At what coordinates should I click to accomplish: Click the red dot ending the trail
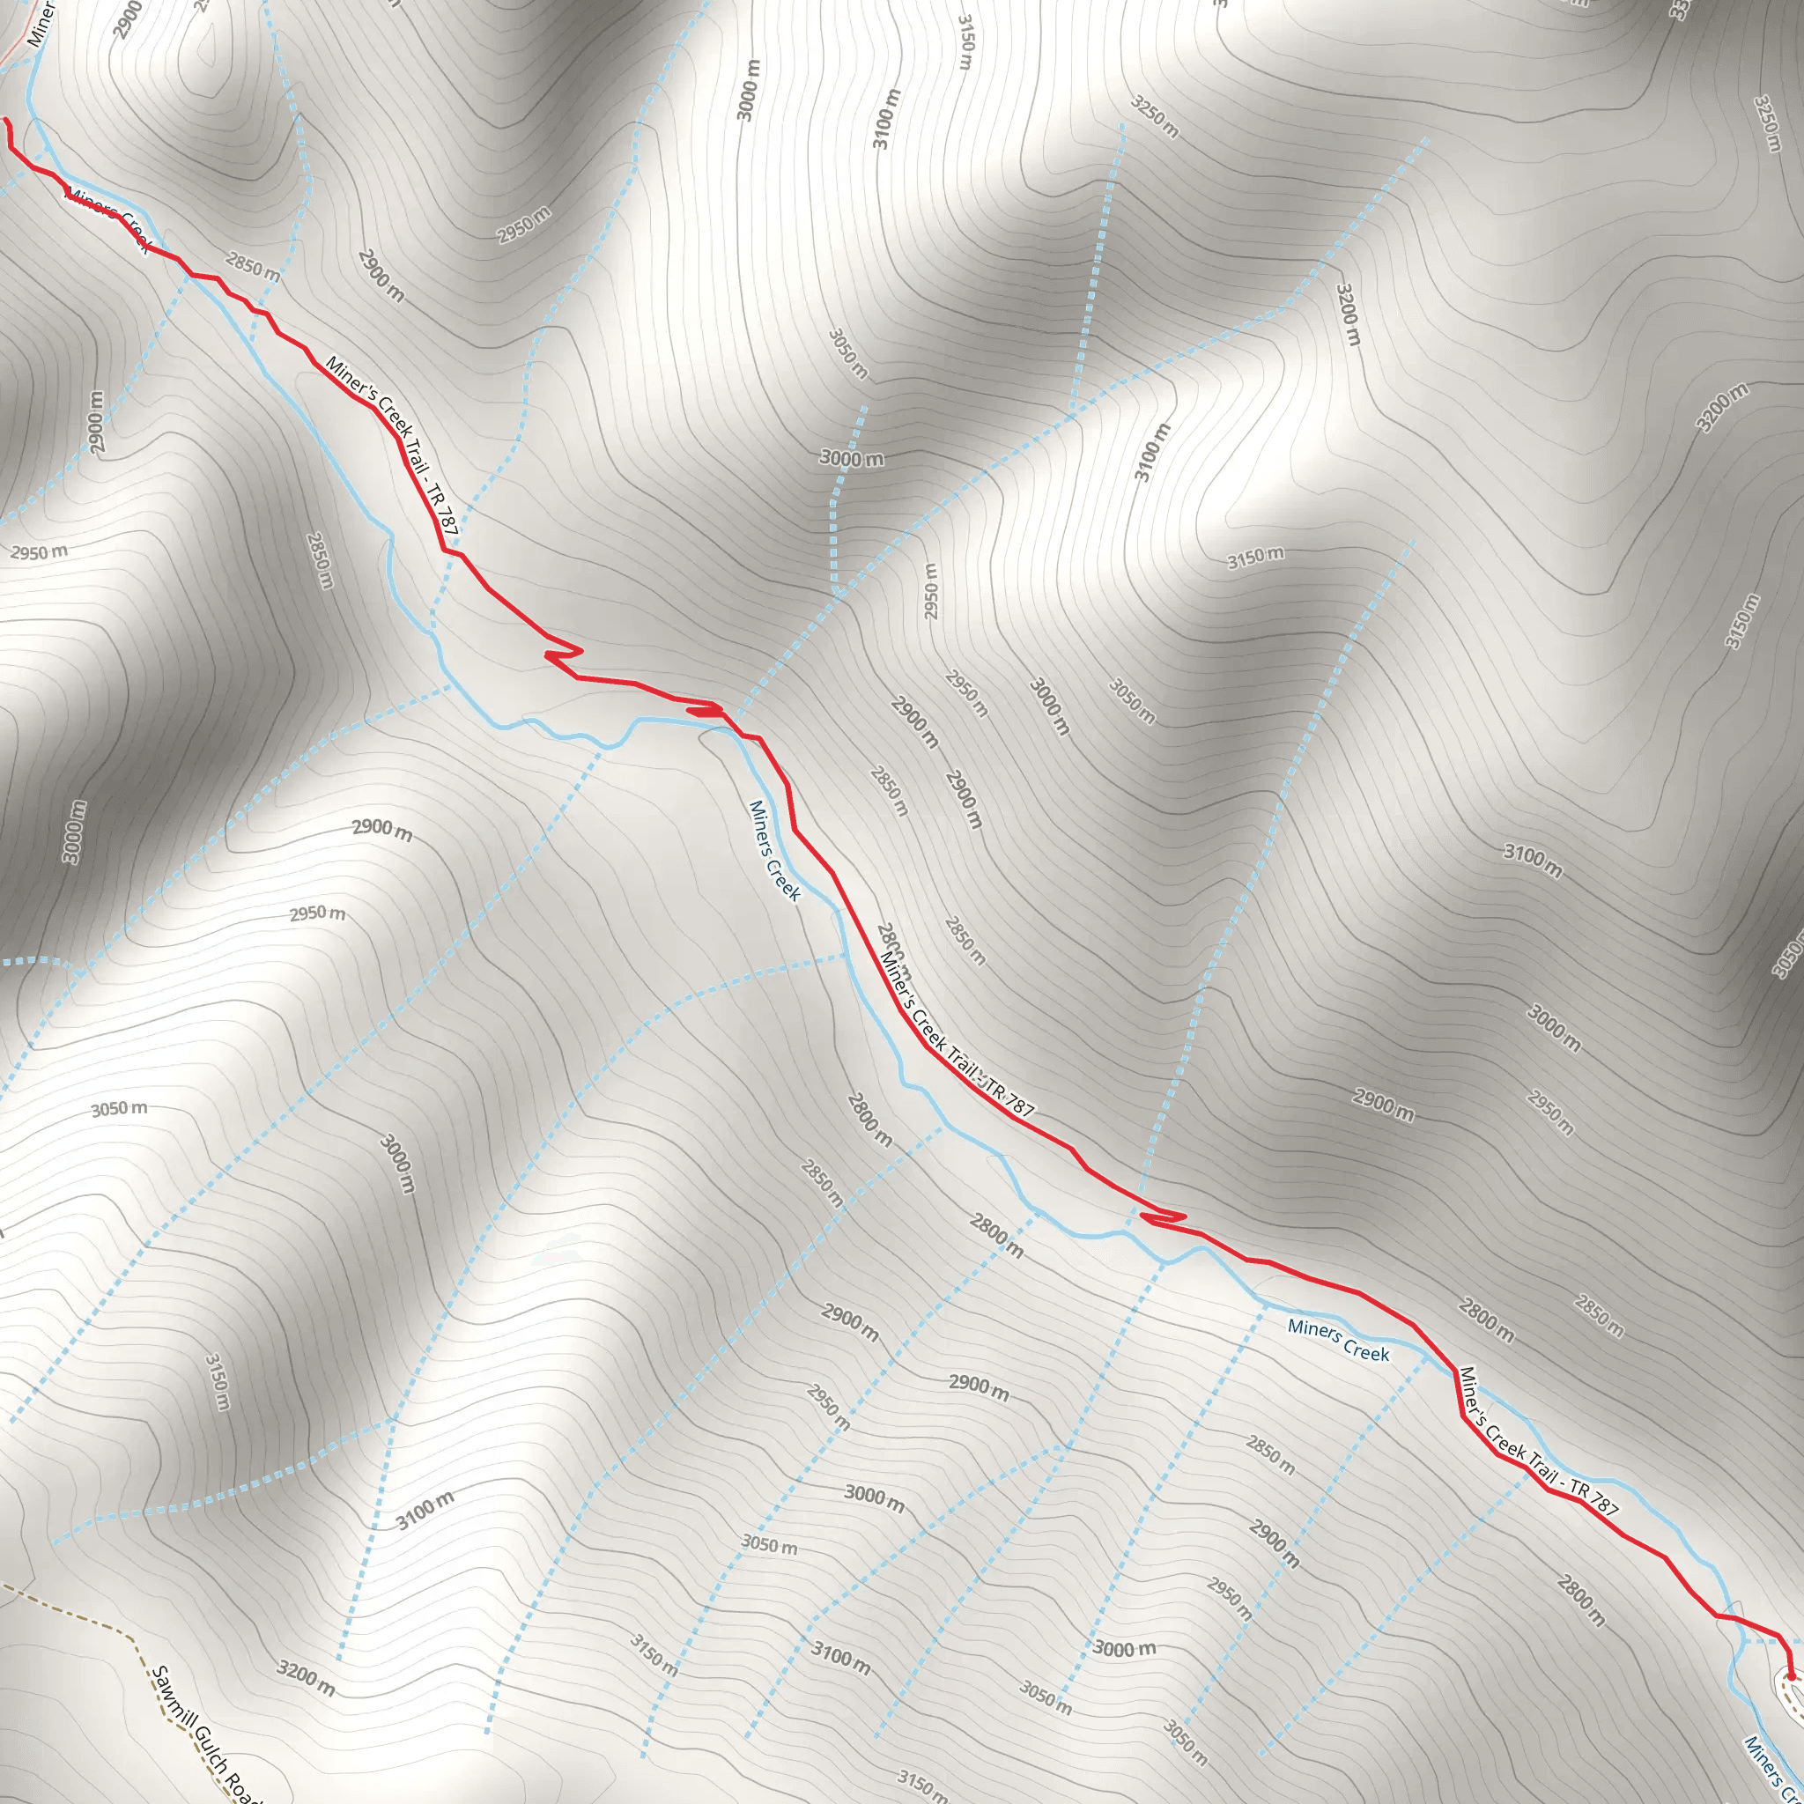1790,1676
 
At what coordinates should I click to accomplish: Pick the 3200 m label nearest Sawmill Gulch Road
306,1679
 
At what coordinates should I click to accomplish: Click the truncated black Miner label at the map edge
42,24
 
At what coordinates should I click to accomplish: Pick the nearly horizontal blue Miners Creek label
1338,1340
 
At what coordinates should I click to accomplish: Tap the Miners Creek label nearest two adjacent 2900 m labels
774,851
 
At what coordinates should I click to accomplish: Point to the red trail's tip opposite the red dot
5,120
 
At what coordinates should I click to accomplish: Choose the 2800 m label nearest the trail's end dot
1580,1600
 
